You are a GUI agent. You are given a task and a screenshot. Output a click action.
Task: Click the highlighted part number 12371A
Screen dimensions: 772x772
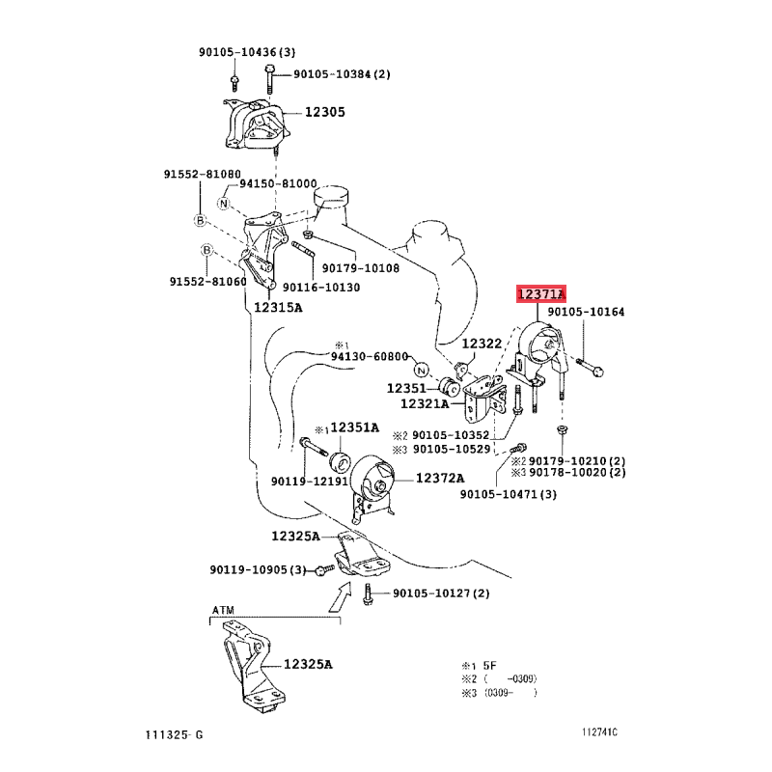click(541, 294)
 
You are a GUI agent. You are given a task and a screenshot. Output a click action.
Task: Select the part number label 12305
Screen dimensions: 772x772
click(325, 112)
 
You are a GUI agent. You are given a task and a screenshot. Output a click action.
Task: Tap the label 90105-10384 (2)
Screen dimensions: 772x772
click(343, 74)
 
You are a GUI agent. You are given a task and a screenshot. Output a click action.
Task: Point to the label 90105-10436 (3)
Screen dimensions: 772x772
click(247, 52)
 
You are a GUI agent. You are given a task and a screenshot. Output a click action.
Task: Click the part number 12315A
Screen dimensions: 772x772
click(278, 308)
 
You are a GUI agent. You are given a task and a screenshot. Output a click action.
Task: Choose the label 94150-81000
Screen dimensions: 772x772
click(278, 183)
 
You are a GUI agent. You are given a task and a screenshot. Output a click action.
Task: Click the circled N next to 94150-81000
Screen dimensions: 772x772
click(224, 203)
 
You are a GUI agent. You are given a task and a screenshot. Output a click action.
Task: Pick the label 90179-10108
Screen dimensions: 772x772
click(361, 268)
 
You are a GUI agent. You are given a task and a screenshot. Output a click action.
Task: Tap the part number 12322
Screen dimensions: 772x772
click(482, 344)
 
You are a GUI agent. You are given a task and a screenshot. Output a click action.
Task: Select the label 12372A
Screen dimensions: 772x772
click(440, 478)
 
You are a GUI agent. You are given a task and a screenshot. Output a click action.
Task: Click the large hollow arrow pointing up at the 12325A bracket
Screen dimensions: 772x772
click(341, 596)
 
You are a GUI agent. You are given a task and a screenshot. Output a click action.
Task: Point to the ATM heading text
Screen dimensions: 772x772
click(223, 610)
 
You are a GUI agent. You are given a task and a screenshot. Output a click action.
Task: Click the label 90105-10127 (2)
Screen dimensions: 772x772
click(441, 593)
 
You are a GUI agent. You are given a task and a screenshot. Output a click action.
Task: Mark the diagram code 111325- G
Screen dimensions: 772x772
click(175, 734)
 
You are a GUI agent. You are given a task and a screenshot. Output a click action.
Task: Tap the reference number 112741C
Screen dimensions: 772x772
click(599, 732)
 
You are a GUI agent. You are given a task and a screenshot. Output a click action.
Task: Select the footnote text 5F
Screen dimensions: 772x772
click(490, 666)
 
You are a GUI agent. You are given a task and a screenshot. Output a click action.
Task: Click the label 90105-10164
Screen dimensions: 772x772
click(586, 312)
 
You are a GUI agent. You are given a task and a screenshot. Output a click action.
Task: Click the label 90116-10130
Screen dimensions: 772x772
click(321, 287)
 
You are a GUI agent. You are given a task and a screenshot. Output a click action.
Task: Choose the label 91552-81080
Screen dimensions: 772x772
click(203, 175)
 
